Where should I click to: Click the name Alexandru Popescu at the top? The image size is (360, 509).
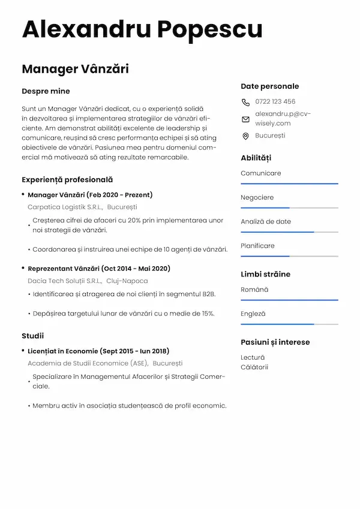(x=142, y=29)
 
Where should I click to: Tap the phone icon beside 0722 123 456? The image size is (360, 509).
(x=245, y=102)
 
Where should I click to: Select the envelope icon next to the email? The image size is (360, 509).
(x=245, y=119)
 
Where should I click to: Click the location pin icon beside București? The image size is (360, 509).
(x=245, y=136)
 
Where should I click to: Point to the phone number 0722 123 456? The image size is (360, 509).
(x=275, y=101)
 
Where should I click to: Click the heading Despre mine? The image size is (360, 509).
(x=46, y=91)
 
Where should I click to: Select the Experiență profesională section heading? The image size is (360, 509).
(x=67, y=179)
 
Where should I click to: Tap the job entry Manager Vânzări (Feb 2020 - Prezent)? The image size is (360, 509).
(x=90, y=195)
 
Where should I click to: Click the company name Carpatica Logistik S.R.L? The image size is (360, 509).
(x=65, y=207)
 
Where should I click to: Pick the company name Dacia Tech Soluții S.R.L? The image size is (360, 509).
(x=64, y=281)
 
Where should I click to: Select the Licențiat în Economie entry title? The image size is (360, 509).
(x=98, y=351)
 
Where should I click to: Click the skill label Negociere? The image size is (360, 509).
(x=257, y=197)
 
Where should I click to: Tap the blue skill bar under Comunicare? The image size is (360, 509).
(x=289, y=183)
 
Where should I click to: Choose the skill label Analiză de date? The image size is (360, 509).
(x=266, y=221)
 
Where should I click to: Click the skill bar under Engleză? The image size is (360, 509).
(x=277, y=324)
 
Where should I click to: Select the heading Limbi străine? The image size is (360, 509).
(x=265, y=274)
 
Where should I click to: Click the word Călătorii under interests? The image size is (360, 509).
(x=254, y=367)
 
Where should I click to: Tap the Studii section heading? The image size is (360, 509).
(x=33, y=336)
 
